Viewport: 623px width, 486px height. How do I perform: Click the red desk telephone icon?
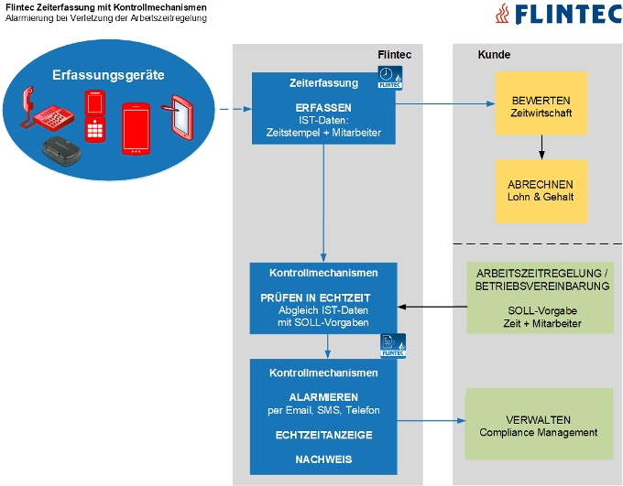[x=45, y=110]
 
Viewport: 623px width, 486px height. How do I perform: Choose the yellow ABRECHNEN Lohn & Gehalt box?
[x=541, y=190]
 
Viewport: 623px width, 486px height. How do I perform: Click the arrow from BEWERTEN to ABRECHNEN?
[x=541, y=146]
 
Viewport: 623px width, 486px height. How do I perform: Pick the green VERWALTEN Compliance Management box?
[x=538, y=425]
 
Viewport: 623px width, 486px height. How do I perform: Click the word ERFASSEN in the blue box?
[x=322, y=107]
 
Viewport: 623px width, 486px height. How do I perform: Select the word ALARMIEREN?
[x=322, y=397]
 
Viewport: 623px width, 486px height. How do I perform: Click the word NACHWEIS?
[x=322, y=459]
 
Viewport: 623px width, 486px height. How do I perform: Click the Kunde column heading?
[x=495, y=55]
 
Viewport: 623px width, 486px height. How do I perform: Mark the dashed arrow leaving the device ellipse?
[x=235, y=109]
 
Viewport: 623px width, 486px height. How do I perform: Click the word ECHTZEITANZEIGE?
[x=322, y=435]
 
